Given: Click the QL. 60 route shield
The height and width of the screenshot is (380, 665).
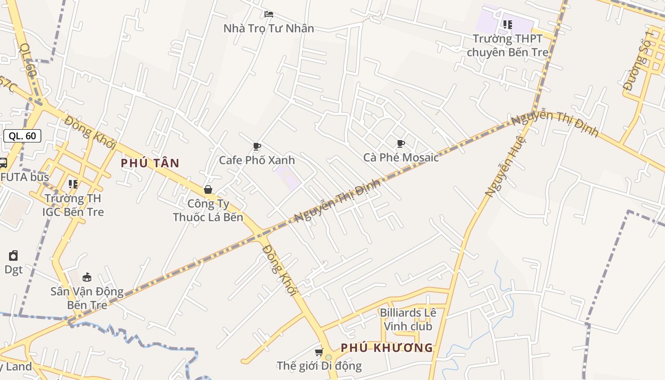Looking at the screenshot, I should pos(22,136).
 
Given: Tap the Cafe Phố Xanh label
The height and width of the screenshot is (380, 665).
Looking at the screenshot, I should pos(256,160).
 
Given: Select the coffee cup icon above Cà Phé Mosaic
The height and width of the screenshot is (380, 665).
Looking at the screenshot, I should pos(401,143).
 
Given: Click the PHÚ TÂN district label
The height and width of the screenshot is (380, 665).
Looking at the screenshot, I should pos(150,163).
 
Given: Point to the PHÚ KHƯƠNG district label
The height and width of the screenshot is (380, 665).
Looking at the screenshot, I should pos(387,348).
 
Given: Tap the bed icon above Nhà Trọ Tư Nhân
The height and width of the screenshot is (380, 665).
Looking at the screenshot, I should pos(268,14).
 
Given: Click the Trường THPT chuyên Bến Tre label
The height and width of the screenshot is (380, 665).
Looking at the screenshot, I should pos(507,45).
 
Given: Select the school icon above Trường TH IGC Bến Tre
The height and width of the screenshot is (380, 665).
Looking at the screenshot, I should pos(73,184).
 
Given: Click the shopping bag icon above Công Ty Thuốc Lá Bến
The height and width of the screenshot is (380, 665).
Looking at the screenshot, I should pos(208,190).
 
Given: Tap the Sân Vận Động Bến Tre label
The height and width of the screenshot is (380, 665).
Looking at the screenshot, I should pos(87,298).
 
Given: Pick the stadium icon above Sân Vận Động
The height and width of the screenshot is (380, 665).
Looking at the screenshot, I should pos(87,277).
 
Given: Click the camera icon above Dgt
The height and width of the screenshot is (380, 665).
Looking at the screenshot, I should pos(13,256).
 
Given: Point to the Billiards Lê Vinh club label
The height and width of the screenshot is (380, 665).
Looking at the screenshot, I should pos(408,319).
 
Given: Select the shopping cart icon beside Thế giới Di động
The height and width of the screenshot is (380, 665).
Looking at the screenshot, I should pos(319,352).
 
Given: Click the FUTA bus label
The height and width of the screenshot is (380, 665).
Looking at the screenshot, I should pos(25,177).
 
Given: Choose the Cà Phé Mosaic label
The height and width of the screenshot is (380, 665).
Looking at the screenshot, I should pos(401,157).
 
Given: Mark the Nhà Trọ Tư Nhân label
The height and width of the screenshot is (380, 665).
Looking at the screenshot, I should pos(268,28).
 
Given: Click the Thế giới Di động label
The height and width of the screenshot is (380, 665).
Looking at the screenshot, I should pos(319,366).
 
